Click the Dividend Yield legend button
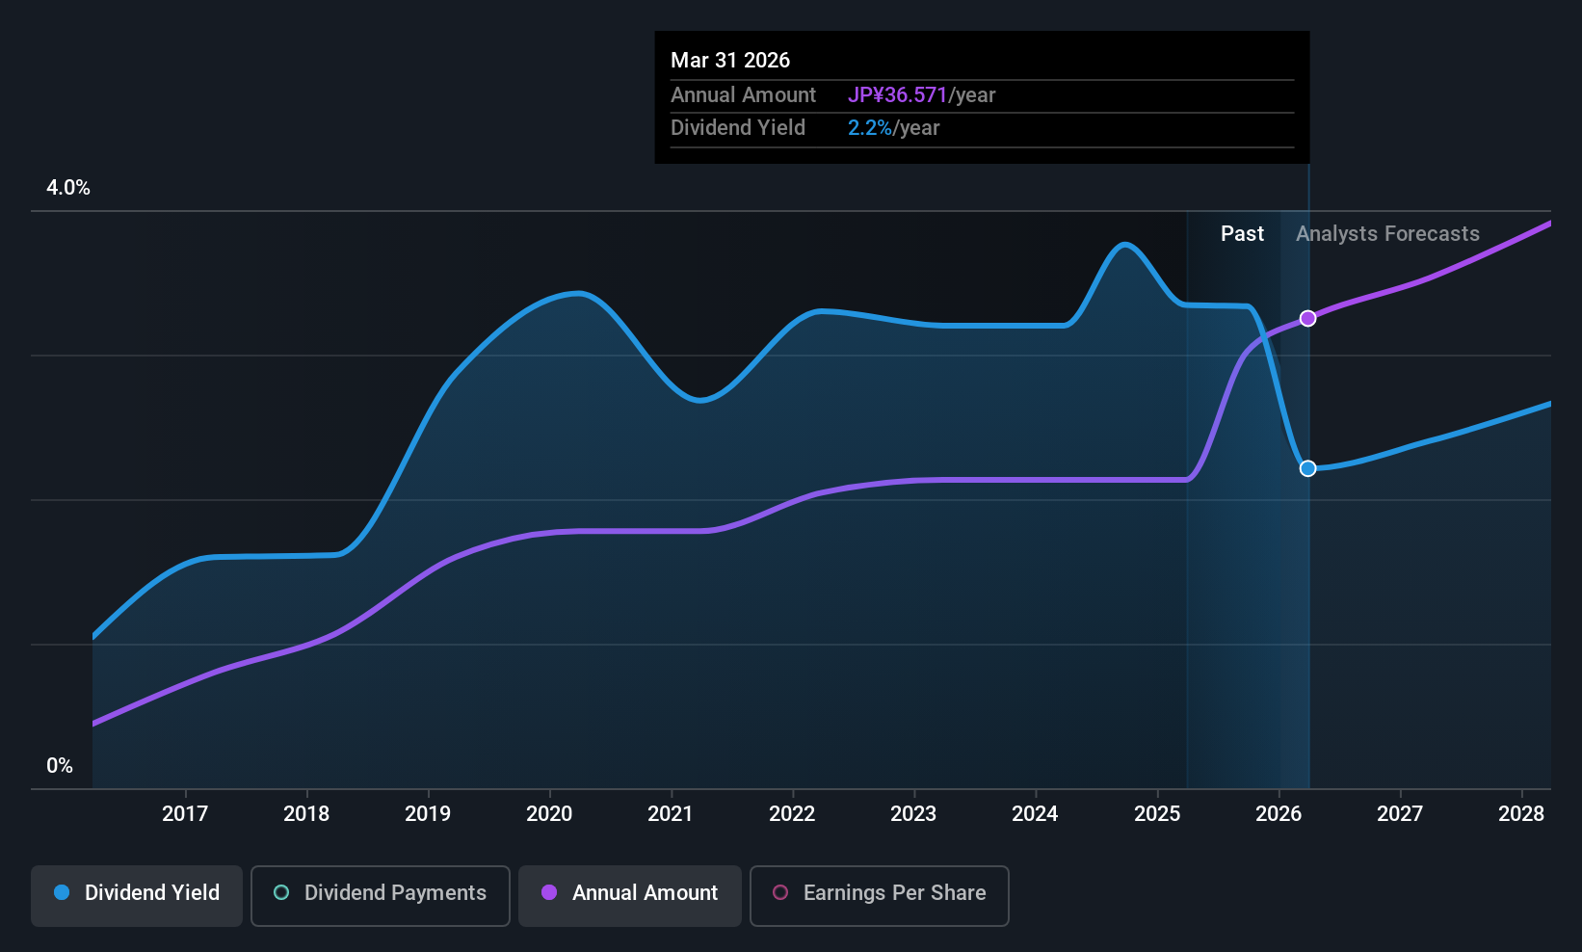click(136, 895)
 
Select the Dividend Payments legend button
click(380, 895)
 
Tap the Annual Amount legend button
click(630, 895)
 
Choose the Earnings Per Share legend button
click(880, 895)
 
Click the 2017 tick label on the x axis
click(185, 813)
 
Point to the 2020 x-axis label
click(549, 813)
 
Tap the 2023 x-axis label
click(914, 813)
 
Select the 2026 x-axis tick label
click(1279, 813)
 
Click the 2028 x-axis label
click(1521, 813)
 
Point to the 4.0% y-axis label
click(67, 188)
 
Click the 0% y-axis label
click(60, 766)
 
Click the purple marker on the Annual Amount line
click(1308, 319)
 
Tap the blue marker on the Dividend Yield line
click(1308, 468)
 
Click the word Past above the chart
click(1242, 234)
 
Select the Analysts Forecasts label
click(1387, 234)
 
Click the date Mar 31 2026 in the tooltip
click(730, 61)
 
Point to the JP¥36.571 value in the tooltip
click(897, 94)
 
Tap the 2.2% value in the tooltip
click(869, 128)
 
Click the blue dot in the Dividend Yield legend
click(63, 892)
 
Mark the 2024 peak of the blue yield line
click(1124, 245)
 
